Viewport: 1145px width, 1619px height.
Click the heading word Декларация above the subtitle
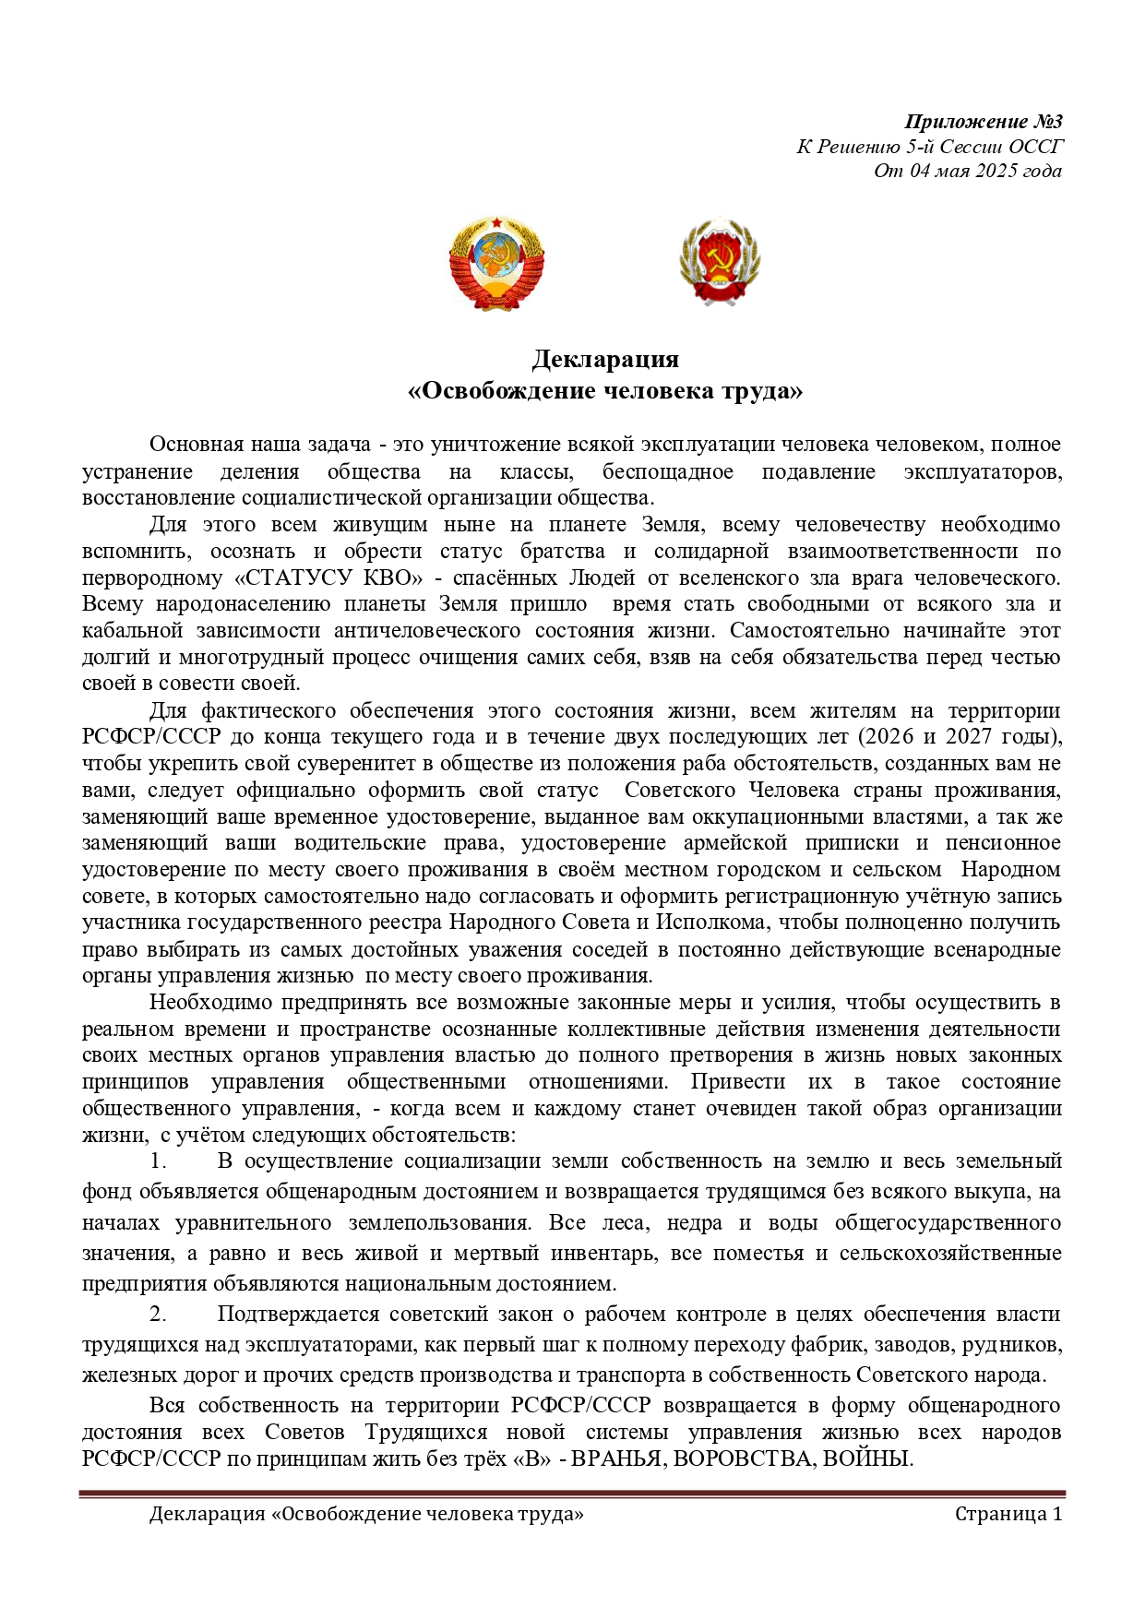point(605,359)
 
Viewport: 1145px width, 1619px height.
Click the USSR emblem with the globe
point(496,263)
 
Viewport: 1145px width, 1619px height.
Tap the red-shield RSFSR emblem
point(720,263)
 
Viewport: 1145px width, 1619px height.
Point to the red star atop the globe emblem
point(496,222)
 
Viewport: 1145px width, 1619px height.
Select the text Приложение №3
point(984,122)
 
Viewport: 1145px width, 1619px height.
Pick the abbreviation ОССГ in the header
point(1036,147)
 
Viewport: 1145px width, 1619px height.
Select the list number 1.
point(158,1161)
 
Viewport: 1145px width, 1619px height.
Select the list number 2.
point(158,1315)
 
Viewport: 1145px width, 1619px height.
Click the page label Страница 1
point(1008,1515)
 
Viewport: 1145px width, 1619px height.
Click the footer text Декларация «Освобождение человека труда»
point(366,1515)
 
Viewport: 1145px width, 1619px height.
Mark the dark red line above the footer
point(572,1494)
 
